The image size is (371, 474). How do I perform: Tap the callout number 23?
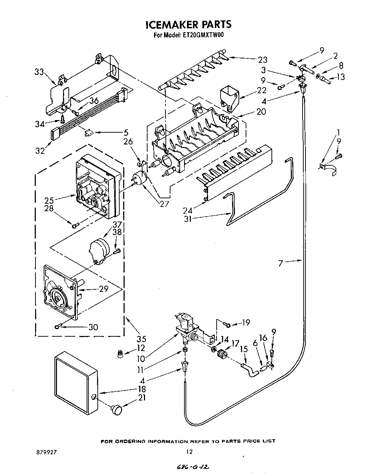[262, 60]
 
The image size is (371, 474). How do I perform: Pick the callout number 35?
[141, 338]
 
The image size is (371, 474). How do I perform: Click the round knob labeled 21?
[116, 409]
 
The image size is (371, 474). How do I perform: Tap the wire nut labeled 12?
[122, 354]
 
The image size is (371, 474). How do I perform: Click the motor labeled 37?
[98, 250]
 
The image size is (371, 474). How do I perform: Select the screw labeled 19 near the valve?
[227, 324]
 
